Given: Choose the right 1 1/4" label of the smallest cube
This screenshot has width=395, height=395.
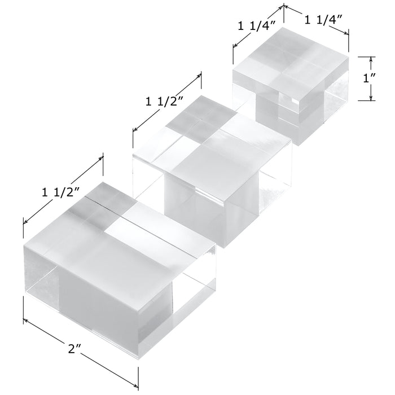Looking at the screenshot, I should pos(323,20).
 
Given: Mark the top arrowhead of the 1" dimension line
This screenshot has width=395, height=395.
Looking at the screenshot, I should pos(371,59).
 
